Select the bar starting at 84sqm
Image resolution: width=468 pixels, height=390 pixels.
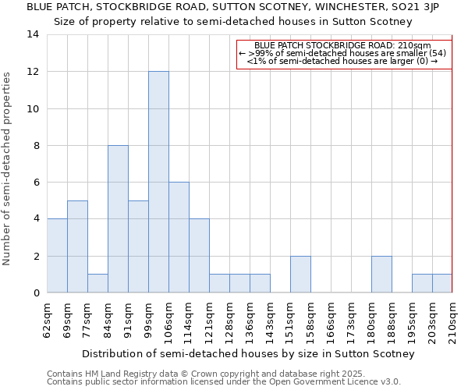coord(118,219)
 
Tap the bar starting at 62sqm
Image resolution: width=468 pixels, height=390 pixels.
coord(57,256)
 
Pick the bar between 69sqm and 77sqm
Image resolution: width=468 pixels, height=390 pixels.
coord(77,246)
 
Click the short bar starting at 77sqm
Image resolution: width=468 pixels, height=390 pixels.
coord(97,283)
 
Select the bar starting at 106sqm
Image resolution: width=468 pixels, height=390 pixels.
coord(179,237)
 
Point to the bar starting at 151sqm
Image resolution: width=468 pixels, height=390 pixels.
coord(300,274)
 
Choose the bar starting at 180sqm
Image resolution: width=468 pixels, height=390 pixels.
coord(381,274)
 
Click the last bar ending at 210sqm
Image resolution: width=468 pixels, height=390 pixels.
coord(442,283)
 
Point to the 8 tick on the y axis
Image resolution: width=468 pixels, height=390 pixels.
coord(36,145)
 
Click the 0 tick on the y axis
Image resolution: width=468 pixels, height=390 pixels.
coord(36,292)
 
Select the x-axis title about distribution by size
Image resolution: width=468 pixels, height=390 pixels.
coord(248,353)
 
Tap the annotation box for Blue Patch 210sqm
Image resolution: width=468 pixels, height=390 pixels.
coord(343,53)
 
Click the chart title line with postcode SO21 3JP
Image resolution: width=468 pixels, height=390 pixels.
coord(232,7)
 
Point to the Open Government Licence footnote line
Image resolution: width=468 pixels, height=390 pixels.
coord(224,381)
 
